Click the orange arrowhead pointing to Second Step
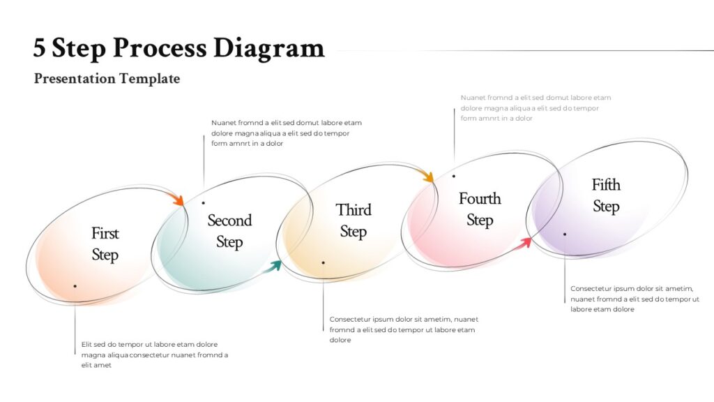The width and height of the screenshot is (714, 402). coord(176,198)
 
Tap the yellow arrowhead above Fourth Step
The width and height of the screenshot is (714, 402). coord(427,175)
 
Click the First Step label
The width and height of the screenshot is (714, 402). coord(105,244)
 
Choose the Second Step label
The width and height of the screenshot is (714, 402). coord(229,231)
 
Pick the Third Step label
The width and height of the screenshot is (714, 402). coord(354,221)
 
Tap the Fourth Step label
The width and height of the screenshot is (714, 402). coord(480,209)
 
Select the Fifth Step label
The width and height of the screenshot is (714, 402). coord(606,195)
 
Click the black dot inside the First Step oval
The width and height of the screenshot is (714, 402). coord(75,286)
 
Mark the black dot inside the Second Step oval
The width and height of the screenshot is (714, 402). coord(204,203)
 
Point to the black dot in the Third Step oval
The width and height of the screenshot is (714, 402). coord(324,262)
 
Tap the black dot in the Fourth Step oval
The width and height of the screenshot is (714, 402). coord(453,176)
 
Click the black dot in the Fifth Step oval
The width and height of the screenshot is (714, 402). coord(565,234)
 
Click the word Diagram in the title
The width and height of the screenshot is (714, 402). coord(269,48)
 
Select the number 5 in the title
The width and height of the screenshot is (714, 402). coord(39,47)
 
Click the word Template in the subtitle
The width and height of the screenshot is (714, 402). coord(150,78)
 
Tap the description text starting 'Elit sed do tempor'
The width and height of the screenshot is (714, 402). coord(155,355)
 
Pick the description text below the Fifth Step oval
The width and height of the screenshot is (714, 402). coord(635,299)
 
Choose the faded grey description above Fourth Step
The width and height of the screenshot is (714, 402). coord(536,108)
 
